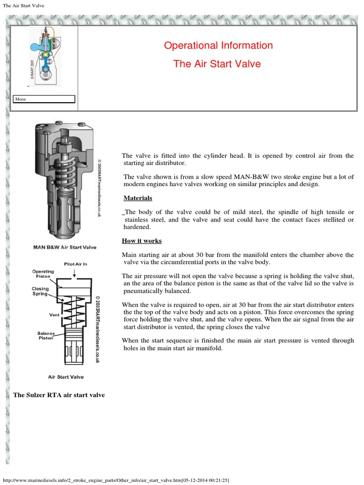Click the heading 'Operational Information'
click(x=218, y=46)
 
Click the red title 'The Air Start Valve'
click(x=217, y=64)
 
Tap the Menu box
click(x=44, y=99)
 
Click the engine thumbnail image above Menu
click(x=45, y=56)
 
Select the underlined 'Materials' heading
click(x=138, y=198)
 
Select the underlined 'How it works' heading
click(x=142, y=241)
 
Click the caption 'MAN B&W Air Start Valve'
click(x=65, y=247)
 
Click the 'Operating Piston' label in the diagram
click(x=43, y=274)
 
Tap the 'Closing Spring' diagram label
click(x=40, y=291)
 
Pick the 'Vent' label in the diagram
click(x=54, y=314)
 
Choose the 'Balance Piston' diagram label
click(x=46, y=336)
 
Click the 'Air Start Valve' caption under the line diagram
click(x=66, y=377)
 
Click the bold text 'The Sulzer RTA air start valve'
click(x=59, y=395)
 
